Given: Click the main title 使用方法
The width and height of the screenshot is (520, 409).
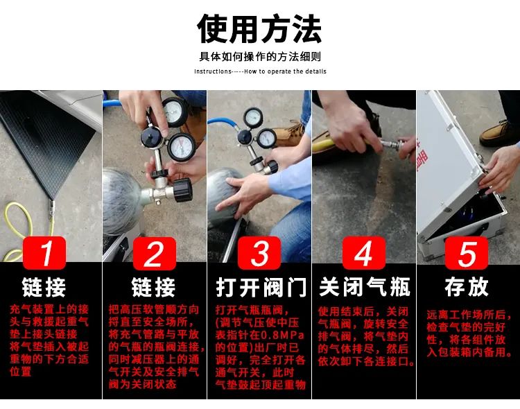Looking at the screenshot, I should click(x=259, y=28).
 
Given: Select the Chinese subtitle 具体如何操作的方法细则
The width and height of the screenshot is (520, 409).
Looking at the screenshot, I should click(x=259, y=57).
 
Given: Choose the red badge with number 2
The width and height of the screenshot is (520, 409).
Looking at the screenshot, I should click(x=153, y=253).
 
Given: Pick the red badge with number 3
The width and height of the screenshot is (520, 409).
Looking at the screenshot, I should click(x=259, y=253).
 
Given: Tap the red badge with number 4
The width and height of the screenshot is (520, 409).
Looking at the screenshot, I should click(x=363, y=253).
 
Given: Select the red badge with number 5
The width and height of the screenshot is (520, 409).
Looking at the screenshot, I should click(x=468, y=253).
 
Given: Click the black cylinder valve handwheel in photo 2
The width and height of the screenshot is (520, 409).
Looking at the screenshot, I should click(x=181, y=188).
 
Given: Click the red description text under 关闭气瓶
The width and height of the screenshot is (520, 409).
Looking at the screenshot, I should click(x=364, y=337).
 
